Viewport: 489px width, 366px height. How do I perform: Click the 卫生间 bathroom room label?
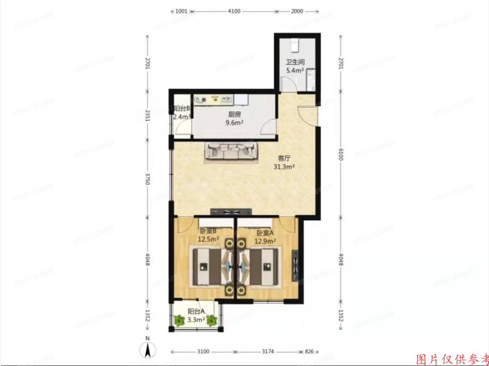coord(294,63)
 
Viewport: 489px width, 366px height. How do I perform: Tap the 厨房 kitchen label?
coord(233,115)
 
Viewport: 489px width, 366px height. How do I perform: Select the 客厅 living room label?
coord(284,159)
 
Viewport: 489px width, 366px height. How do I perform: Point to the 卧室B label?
coord(209,233)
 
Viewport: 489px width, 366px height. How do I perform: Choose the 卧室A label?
coord(265,233)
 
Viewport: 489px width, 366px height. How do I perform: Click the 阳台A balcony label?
coord(196,311)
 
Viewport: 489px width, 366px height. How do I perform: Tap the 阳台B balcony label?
coord(182,108)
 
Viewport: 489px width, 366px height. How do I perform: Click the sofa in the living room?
coord(232,150)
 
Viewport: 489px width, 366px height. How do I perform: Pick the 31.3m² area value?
coord(284,167)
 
